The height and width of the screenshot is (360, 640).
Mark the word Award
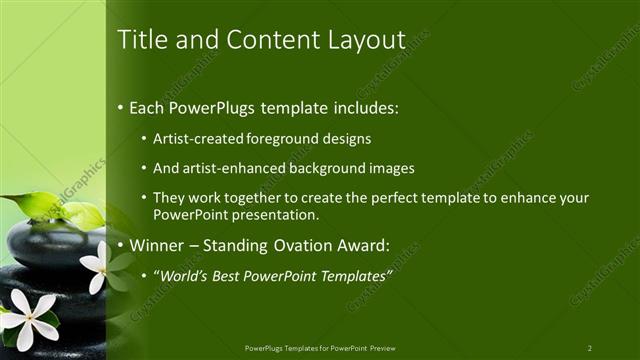tap(374, 244)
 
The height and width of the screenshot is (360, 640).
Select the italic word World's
tap(185, 275)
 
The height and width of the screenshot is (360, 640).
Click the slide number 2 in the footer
tap(589, 348)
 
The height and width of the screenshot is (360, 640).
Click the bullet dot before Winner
tap(121, 245)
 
